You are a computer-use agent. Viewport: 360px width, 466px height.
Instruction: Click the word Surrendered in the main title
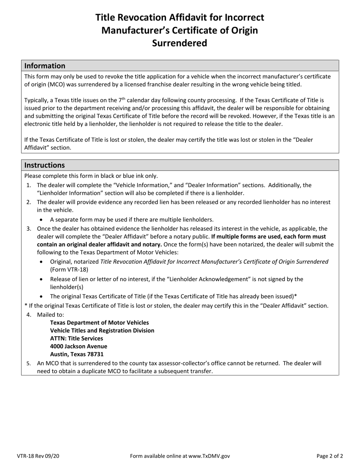tap(180, 43)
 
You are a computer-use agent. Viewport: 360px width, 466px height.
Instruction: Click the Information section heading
tap(45, 66)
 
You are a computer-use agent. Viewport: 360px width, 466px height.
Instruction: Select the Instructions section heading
tap(44, 165)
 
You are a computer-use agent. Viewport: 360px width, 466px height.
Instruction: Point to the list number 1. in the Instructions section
tap(29, 185)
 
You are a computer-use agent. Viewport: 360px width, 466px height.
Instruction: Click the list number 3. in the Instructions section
tap(29, 229)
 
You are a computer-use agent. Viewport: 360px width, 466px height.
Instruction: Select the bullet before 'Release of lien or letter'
tap(41, 279)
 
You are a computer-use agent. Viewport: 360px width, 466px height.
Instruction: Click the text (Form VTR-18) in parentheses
tap(69, 270)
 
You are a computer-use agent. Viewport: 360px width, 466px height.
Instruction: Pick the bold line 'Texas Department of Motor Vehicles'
tap(99, 323)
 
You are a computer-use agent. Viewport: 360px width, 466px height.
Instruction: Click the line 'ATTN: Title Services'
tap(77, 338)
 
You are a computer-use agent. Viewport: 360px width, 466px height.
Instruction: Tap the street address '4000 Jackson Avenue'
tap(78, 346)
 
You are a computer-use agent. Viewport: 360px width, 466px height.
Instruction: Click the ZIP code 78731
tap(95, 354)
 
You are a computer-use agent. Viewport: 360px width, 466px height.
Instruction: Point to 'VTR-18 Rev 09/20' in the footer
tap(38, 456)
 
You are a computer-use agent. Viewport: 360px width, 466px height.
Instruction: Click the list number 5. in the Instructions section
tap(29, 363)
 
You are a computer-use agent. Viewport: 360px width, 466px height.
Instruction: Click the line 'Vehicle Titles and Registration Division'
tap(102, 331)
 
